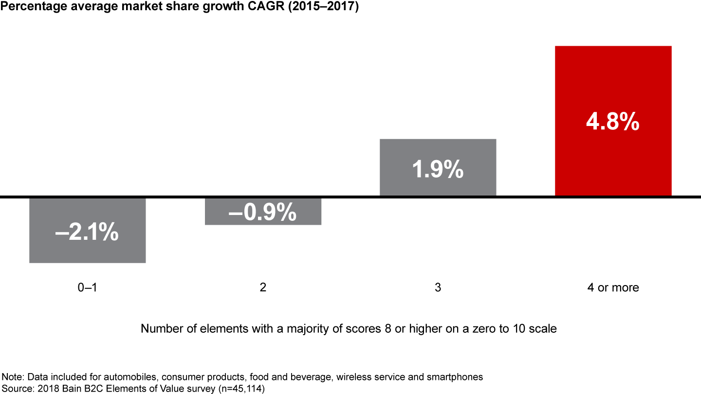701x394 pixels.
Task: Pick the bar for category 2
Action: click(263, 219)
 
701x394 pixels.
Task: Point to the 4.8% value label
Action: click(613, 122)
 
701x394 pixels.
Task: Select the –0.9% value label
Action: click(263, 213)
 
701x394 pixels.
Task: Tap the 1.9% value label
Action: click(438, 170)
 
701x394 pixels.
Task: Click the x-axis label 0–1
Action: click(88, 287)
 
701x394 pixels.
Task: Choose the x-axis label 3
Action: click(438, 287)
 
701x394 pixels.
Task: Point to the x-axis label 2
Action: click(263, 287)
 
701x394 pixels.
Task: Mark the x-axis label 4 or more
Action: click(613, 287)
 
